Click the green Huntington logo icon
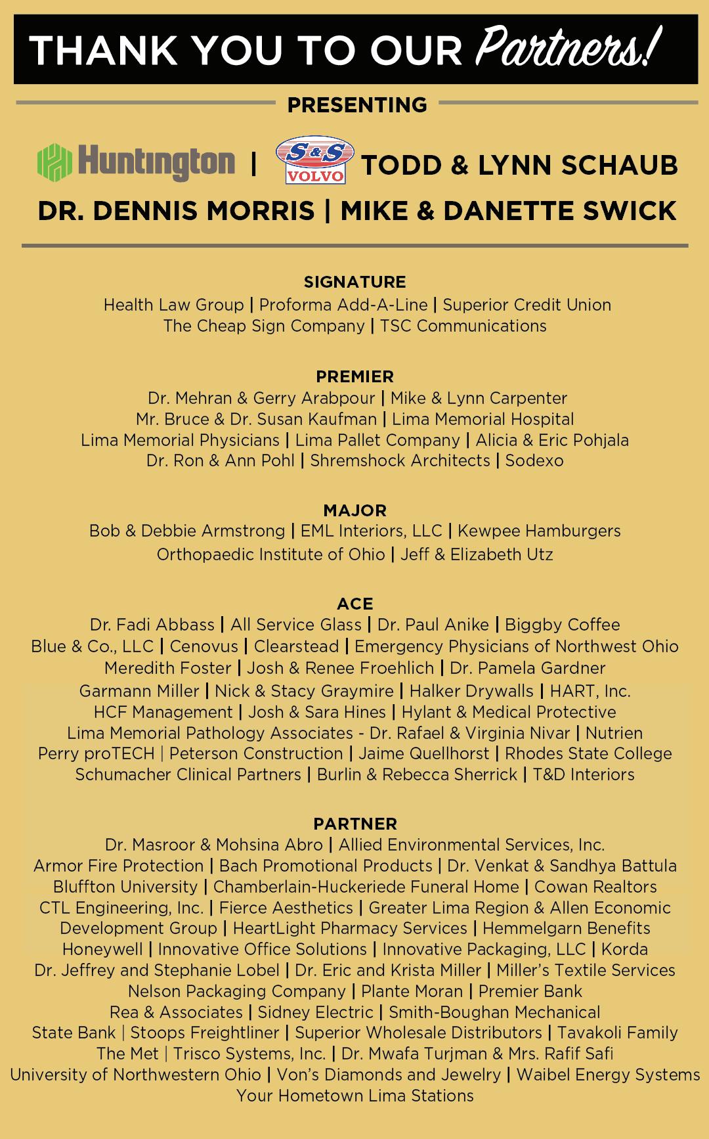pos(54,162)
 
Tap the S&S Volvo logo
pos(314,161)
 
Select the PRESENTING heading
pos(357,104)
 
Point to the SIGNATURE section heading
pos(354,282)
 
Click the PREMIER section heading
pos(354,376)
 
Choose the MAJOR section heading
pos(354,510)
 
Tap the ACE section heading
pos(354,604)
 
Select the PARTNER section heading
pos(354,824)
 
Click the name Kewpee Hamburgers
pos(538,531)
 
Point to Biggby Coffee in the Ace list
pos(562,625)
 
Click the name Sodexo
pos(534,460)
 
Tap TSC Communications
pos(463,326)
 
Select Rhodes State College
pos(588,753)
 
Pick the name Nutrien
pos(614,732)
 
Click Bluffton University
pos(125,887)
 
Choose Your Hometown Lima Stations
pos(354,1096)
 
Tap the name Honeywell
pos(102,949)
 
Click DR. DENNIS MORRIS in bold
pos(176,211)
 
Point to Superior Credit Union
pos(526,305)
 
